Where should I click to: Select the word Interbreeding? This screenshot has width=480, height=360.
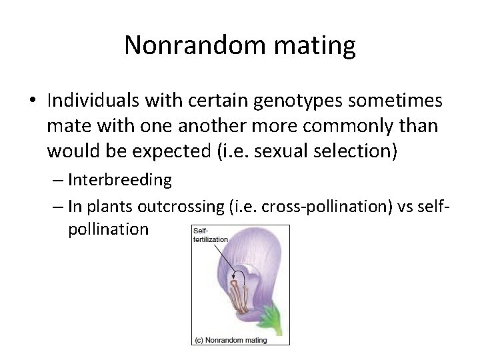[119, 180]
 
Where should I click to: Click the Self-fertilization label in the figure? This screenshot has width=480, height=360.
[210, 235]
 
